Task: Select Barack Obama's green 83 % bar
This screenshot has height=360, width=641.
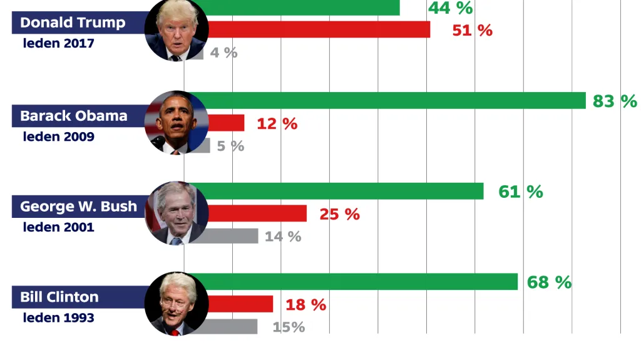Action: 394,100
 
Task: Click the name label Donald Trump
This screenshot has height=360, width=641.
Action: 73,23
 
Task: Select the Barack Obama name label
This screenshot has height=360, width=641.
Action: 73,116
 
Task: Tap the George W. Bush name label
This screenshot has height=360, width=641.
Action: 78,207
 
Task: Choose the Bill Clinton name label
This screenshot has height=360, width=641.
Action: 59,297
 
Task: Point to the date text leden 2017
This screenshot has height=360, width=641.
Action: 59,44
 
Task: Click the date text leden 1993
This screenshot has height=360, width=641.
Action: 59,317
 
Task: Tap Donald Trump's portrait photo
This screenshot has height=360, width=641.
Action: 176,31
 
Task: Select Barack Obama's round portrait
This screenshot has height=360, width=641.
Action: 176,123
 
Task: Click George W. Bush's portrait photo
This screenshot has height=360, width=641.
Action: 176,213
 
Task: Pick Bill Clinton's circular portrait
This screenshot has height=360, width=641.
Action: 176,304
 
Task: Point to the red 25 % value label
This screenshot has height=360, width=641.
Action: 339,214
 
